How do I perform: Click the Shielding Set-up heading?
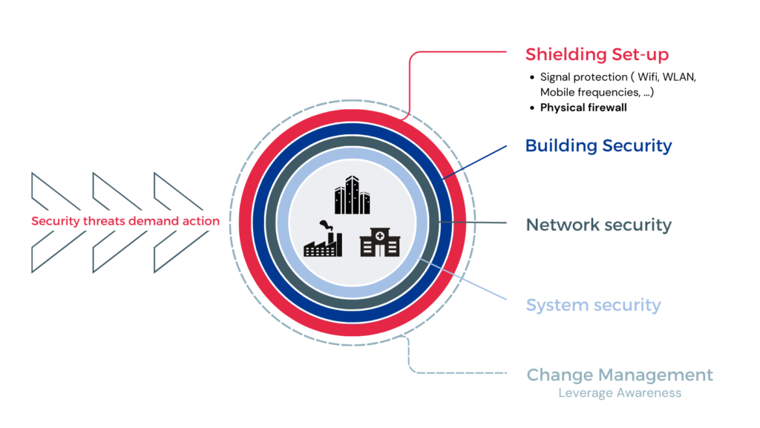point(597,54)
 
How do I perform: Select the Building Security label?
point(599,145)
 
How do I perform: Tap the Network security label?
point(599,225)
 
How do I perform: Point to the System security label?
point(593,305)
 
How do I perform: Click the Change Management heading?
point(620,375)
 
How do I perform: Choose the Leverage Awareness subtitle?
point(620,392)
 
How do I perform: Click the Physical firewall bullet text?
point(583,108)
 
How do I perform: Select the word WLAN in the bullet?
point(679,77)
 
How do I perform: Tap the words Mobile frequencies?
point(590,92)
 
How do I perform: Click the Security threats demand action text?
point(125,221)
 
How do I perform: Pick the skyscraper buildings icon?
point(353,194)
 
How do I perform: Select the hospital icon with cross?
point(380,242)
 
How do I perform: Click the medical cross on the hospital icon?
point(380,236)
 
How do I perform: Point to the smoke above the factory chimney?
point(326,225)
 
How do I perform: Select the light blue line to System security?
point(463,279)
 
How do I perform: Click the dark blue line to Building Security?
point(474,162)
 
